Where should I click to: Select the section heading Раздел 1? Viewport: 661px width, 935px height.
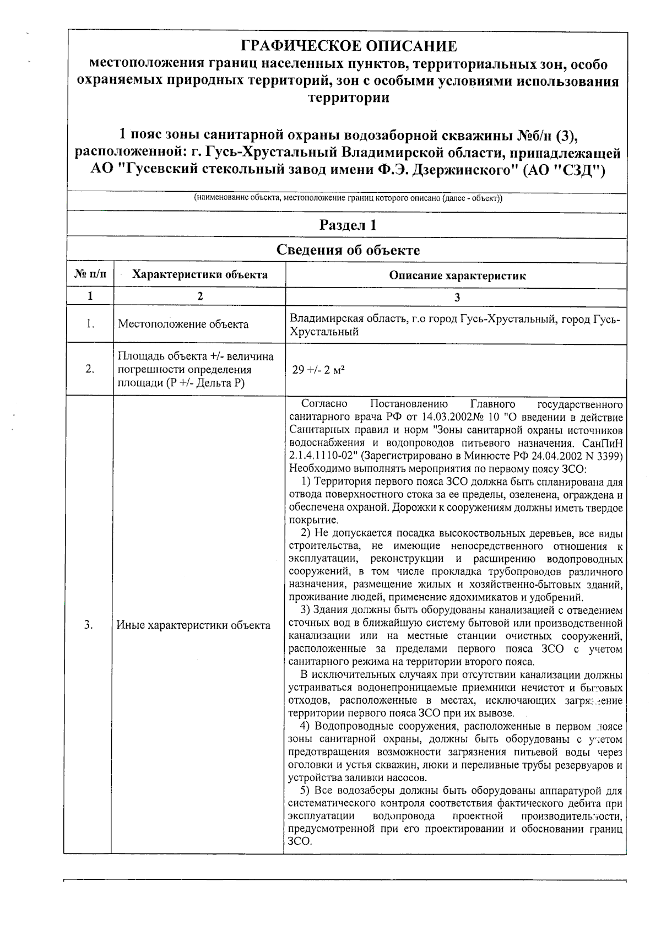[x=348, y=225]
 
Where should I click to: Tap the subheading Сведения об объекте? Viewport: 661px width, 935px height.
[x=348, y=251]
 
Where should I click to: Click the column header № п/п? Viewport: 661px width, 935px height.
[x=90, y=274]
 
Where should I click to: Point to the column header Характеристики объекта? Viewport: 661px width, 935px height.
[x=200, y=274]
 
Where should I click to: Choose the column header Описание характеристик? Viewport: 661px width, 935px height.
[x=457, y=275]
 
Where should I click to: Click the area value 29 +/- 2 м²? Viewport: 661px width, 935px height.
[x=318, y=370]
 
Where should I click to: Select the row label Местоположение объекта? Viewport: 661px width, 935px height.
[x=183, y=324]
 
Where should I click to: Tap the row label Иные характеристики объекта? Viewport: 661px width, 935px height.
[x=193, y=625]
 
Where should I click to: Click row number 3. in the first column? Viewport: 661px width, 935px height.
[x=89, y=624]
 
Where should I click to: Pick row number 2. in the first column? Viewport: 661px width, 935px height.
[x=90, y=369]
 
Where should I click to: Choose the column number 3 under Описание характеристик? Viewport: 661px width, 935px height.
[x=457, y=298]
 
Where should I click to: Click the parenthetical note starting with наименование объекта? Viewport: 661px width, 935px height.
[x=348, y=198]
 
